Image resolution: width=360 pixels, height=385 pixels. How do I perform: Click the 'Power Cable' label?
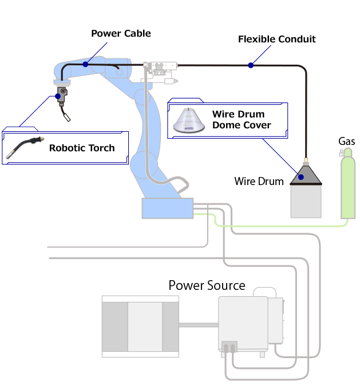tap(121, 33)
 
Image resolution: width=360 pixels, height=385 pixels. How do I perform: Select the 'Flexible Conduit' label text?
tap(276, 39)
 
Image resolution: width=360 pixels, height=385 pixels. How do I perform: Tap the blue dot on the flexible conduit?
tap(251, 65)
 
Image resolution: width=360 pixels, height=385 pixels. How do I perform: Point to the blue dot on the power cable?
tap(85, 64)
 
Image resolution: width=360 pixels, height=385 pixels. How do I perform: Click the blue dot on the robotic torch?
tap(58, 97)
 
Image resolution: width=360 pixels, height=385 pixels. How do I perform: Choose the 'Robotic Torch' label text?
tap(81, 148)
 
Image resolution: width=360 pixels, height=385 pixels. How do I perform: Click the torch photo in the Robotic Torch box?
tap(25, 147)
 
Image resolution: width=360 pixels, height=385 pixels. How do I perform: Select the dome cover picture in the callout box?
tap(190, 121)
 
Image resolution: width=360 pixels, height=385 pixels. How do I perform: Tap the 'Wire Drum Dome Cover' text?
tap(241, 120)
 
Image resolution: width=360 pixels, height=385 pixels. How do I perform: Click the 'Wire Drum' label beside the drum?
tap(259, 182)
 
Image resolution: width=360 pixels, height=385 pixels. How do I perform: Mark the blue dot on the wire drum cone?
tap(300, 178)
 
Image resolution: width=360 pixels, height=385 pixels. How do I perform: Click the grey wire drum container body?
tap(306, 201)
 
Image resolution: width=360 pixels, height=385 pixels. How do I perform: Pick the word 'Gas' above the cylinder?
tap(346, 142)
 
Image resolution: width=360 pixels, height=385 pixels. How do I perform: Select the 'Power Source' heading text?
tap(207, 285)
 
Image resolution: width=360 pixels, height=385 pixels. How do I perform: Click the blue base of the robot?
tap(167, 209)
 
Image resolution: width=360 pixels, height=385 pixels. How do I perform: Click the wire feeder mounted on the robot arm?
tap(161, 70)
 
